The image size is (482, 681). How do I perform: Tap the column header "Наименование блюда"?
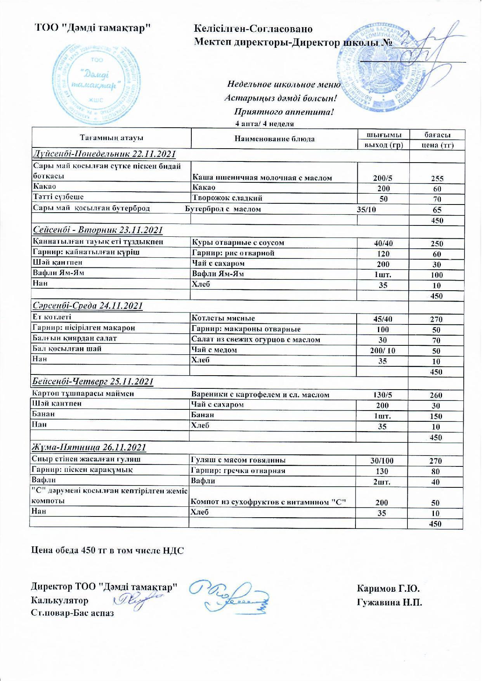coord(274,139)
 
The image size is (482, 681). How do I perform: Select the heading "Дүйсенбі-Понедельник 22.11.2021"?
coord(104,154)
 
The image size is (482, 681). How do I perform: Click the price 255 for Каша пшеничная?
coord(437,179)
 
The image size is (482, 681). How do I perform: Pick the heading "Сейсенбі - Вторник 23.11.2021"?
coord(98,230)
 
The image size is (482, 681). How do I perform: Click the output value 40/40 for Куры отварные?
coord(383,244)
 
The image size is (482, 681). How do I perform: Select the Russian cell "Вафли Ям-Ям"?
coord(218,274)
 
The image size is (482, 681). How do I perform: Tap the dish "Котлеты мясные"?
coord(224,319)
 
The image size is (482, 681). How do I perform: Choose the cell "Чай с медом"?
coord(215,350)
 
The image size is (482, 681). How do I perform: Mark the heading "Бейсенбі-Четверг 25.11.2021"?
coord(93,382)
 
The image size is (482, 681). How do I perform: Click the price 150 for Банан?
coord(436,417)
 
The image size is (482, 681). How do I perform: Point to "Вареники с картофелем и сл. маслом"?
coord(260,395)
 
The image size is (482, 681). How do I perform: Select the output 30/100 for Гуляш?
coord(382,461)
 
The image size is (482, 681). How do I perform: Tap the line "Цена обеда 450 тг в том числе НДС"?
coord(107,551)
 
